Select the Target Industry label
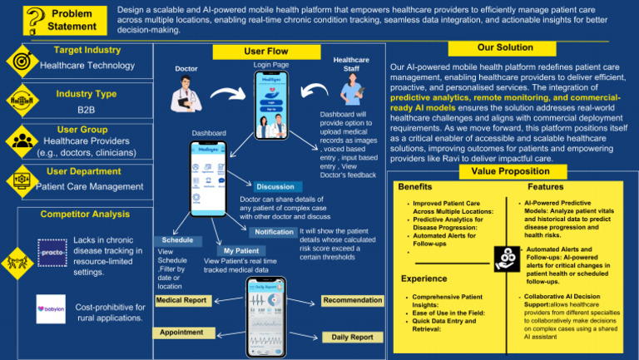click(x=87, y=50)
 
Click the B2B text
click(x=86, y=110)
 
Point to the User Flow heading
click(x=265, y=52)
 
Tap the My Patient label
click(x=240, y=250)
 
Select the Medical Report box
click(x=181, y=299)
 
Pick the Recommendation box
click(x=352, y=300)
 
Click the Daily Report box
click(x=352, y=338)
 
